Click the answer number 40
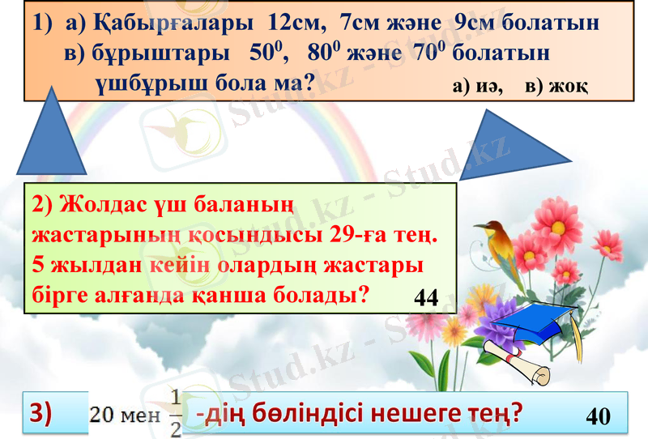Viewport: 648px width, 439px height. click(x=597, y=416)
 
